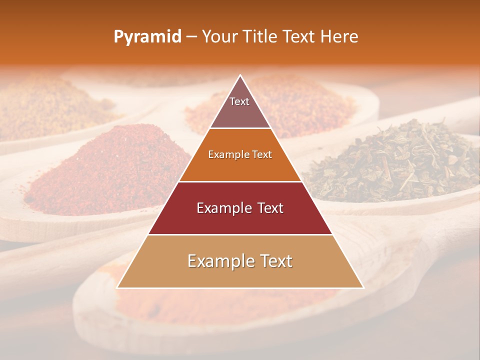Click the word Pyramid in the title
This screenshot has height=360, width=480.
pyautogui.click(x=147, y=37)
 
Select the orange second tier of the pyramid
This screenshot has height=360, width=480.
pyautogui.click(x=240, y=155)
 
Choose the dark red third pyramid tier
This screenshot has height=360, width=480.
pyautogui.click(x=240, y=208)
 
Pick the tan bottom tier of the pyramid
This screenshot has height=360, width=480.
pyautogui.click(x=240, y=261)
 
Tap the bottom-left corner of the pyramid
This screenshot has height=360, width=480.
pyautogui.click(x=117, y=287)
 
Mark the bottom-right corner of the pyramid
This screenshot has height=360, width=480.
pyautogui.click(x=363, y=287)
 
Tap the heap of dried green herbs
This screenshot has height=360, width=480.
pyautogui.click(x=395, y=160)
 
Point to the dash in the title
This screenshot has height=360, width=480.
pyautogui.click(x=191, y=37)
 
